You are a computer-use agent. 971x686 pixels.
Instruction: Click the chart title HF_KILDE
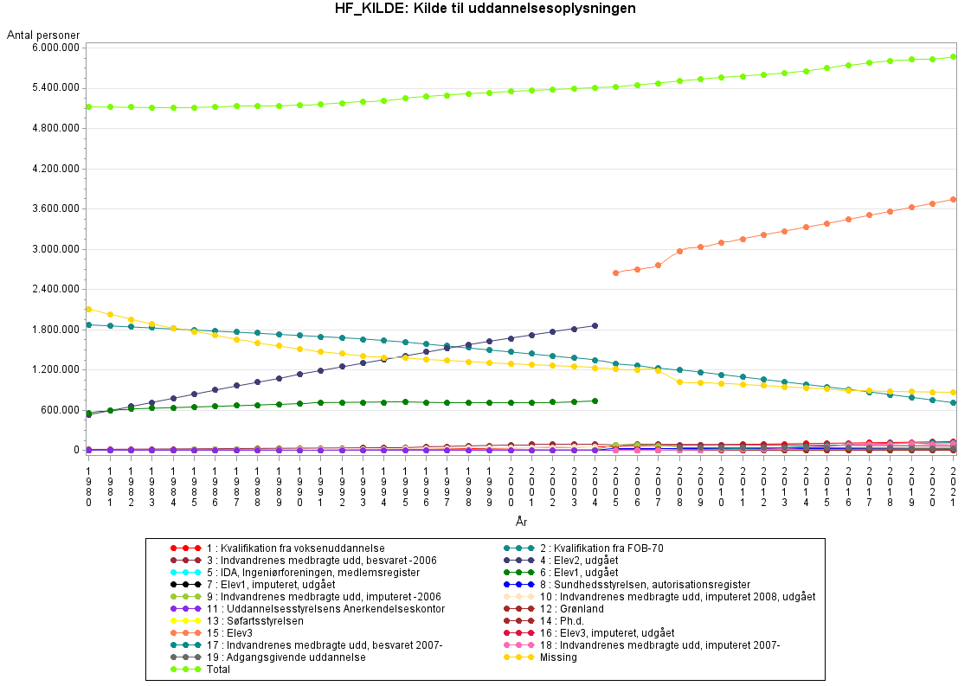pos(486,10)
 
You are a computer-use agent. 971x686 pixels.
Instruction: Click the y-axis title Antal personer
pos(43,35)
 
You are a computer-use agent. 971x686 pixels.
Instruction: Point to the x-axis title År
pos(520,522)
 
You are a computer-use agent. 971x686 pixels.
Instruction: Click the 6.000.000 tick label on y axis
pos(53,48)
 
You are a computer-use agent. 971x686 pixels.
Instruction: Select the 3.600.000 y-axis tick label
pos(53,209)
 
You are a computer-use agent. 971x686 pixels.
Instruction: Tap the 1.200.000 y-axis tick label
pos(53,370)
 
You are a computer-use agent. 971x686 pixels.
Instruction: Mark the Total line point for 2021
pos(953,57)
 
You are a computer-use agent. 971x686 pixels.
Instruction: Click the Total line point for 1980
pos(88,106)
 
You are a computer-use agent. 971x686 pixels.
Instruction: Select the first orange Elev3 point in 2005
pos(615,272)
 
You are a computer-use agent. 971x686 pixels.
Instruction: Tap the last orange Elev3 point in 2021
pos(953,199)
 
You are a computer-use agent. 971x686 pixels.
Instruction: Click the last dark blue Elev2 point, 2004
pos(595,325)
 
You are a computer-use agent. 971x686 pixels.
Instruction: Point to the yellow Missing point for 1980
pos(88,309)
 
